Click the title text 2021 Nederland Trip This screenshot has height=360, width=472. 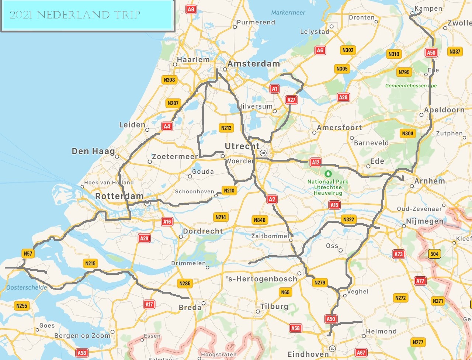click(x=75, y=15)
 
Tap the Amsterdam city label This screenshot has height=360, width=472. click(x=254, y=64)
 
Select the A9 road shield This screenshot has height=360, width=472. click(x=191, y=10)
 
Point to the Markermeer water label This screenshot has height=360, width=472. click(x=288, y=13)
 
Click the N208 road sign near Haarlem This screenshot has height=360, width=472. click(x=169, y=80)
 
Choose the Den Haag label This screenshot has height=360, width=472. click(x=93, y=151)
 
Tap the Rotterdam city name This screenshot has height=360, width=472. click(x=119, y=196)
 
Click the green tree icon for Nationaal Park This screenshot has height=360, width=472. click(x=328, y=173)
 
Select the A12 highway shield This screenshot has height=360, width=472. click(x=315, y=162)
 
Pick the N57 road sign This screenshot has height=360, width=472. click(x=28, y=253)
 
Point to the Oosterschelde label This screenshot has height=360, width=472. click(x=27, y=288)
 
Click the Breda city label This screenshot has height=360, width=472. click(x=190, y=308)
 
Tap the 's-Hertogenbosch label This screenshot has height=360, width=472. click(x=261, y=279)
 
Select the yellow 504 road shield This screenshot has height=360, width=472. click(x=434, y=254)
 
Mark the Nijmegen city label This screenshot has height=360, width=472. click(x=425, y=221)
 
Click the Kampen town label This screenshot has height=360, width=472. click(x=428, y=8)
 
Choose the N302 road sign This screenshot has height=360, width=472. click(x=348, y=50)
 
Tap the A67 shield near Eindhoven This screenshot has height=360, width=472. click(x=361, y=353)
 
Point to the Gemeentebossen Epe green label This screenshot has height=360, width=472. click(x=411, y=86)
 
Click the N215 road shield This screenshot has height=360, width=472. click(x=90, y=263)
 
